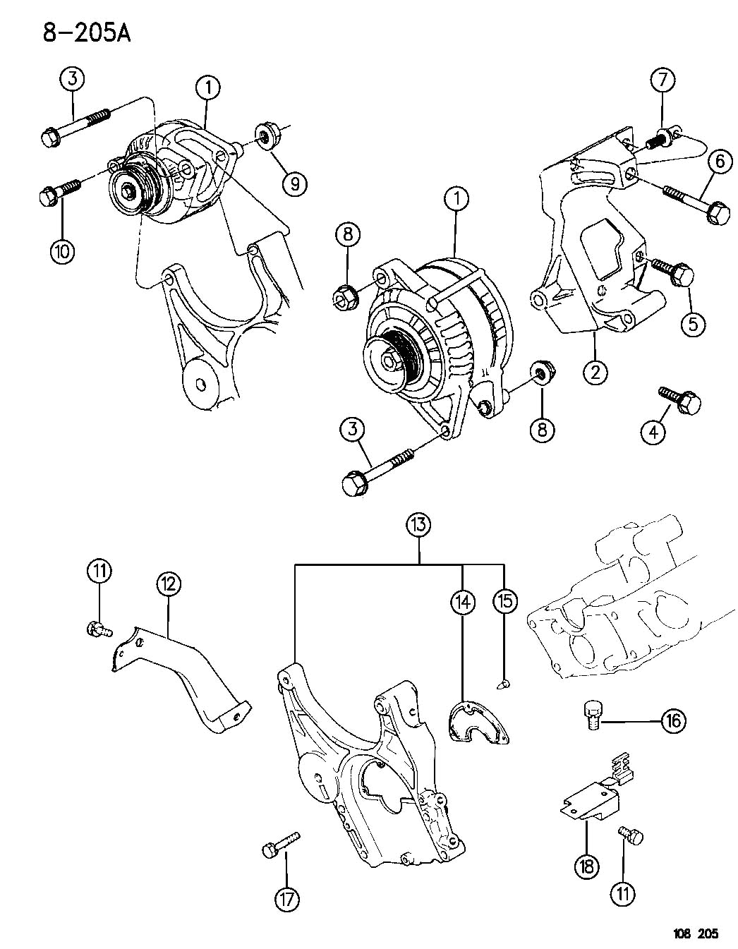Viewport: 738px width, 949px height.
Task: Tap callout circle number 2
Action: [x=595, y=370]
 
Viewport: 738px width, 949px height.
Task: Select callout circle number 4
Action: [x=653, y=431]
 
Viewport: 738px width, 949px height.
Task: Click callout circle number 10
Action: [x=62, y=251]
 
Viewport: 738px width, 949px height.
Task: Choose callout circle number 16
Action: [x=673, y=720]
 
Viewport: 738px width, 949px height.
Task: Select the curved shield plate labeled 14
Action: [x=478, y=723]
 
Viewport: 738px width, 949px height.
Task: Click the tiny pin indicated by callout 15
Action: [x=504, y=683]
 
